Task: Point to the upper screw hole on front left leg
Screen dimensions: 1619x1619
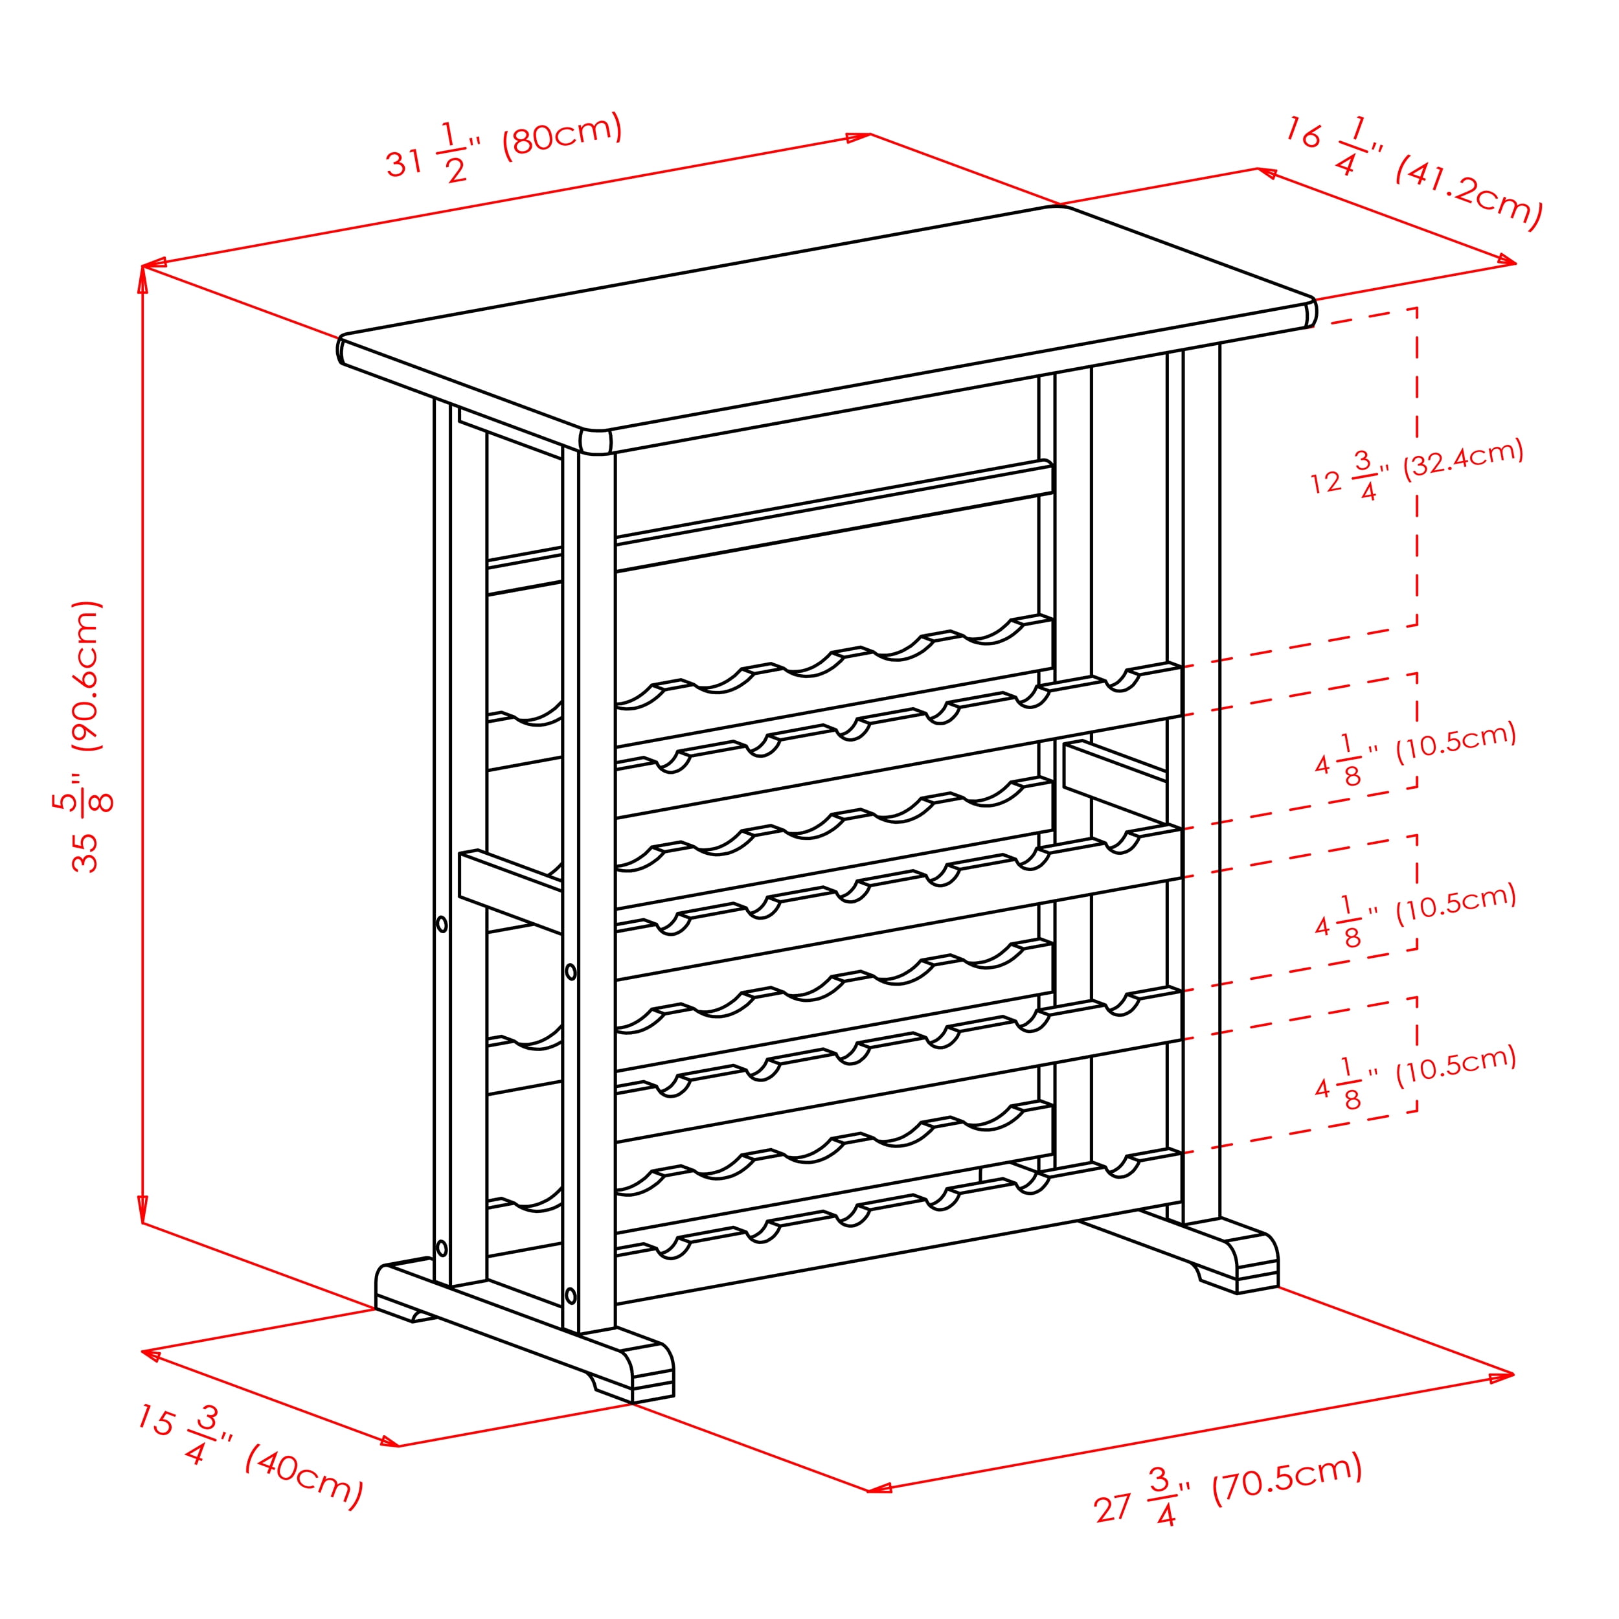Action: [571, 972]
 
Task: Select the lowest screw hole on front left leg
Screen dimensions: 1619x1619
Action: [571, 1296]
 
